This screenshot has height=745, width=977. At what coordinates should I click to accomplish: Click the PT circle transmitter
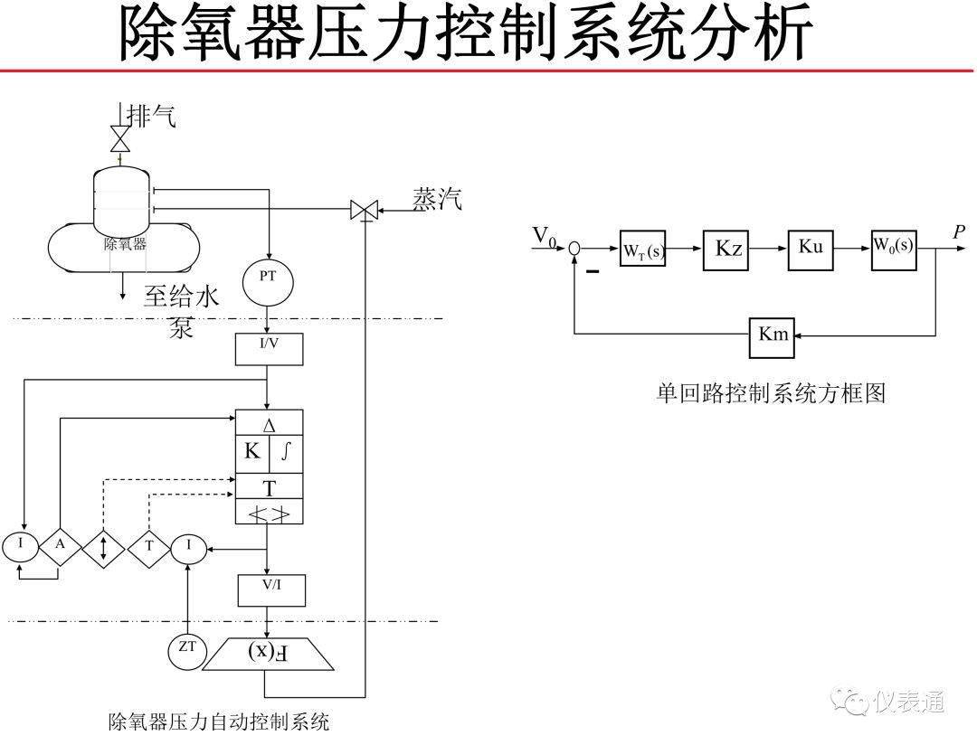[x=268, y=278]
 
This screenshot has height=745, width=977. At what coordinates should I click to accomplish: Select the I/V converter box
[x=269, y=349]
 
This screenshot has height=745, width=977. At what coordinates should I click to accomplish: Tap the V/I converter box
[x=271, y=589]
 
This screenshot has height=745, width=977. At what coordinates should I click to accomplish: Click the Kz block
[x=728, y=249]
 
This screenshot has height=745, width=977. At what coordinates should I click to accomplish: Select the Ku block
[x=811, y=247]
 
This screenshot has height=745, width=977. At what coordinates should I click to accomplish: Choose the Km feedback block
[x=773, y=335]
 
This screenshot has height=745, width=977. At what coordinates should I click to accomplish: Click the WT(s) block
[x=642, y=249]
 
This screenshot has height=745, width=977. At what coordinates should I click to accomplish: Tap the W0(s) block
[x=893, y=247]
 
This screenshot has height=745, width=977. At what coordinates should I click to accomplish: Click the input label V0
[x=545, y=236]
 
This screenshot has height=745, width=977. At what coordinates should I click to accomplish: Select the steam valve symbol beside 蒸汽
[x=365, y=212]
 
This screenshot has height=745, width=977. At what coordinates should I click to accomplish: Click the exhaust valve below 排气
[x=119, y=139]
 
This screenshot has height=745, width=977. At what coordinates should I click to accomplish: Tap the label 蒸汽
[x=437, y=199]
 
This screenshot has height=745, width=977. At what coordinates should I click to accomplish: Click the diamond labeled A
[x=61, y=546]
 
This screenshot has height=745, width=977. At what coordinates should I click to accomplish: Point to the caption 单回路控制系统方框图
[x=770, y=394]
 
